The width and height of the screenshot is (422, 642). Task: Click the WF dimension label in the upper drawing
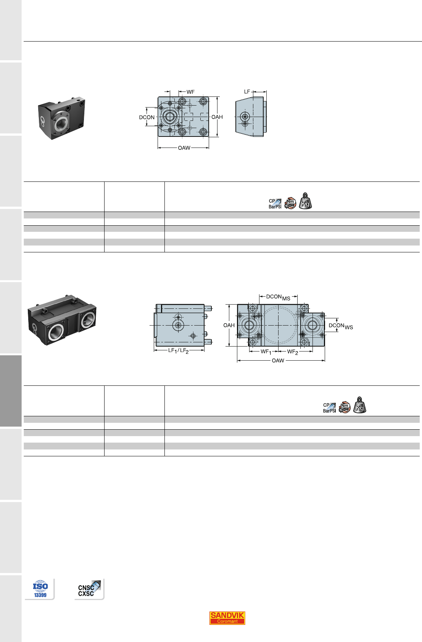(190, 92)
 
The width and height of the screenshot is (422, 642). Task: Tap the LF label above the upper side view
(247, 91)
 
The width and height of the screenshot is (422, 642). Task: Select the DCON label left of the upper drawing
(147, 117)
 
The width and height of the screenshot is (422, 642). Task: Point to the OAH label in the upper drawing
(217, 117)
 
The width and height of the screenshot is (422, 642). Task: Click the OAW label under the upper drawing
(184, 148)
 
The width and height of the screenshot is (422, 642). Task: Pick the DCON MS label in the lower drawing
(278, 297)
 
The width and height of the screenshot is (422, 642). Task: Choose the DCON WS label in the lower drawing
(341, 326)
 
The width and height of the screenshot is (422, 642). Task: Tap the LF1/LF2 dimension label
(179, 350)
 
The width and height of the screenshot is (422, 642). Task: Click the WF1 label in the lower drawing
(266, 351)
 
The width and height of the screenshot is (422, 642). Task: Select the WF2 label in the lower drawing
(293, 351)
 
